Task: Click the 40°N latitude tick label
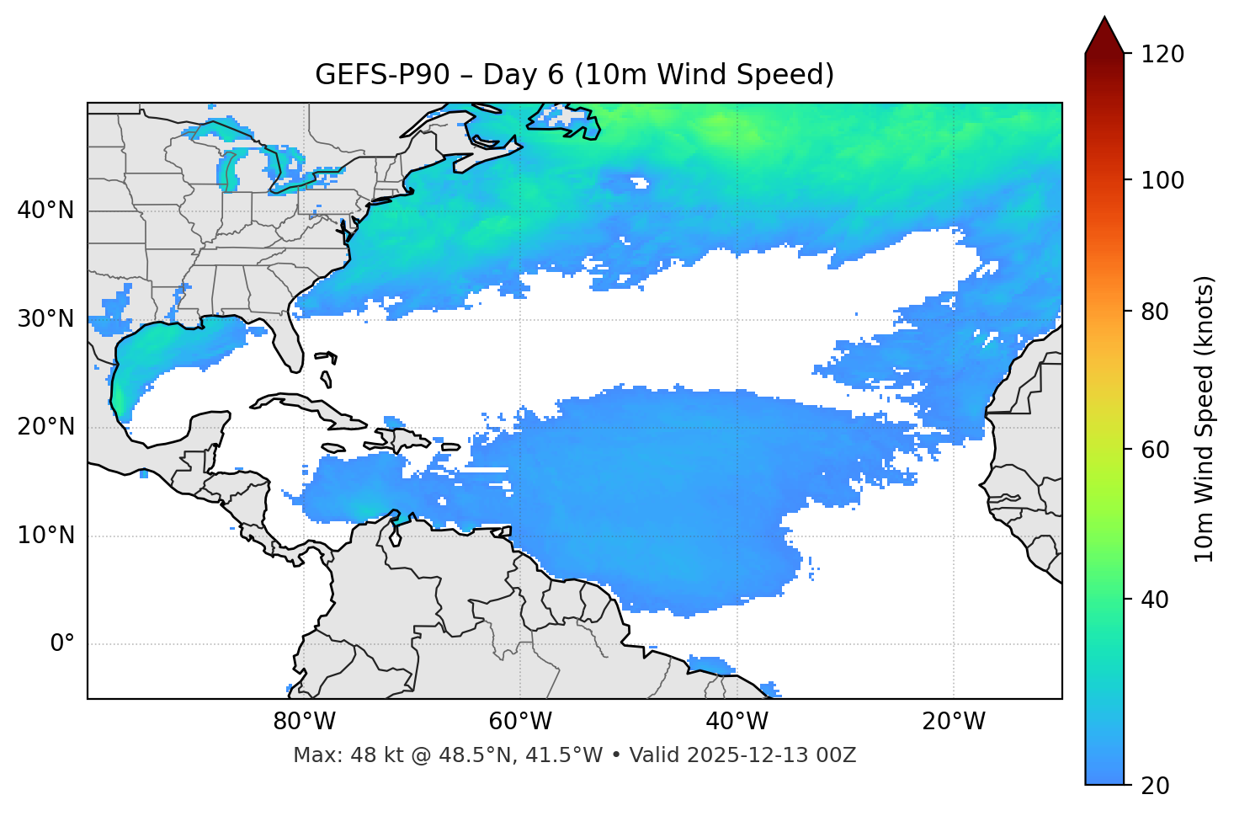click(x=45, y=211)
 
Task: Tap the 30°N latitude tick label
click(x=45, y=319)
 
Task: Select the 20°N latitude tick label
click(x=45, y=427)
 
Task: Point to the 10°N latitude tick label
click(x=45, y=536)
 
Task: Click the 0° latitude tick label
click(x=62, y=644)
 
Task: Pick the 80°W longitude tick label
click(x=304, y=722)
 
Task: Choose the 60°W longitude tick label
click(x=520, y=722)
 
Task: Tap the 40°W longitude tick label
click(x=737, y=722)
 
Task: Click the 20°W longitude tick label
click(x=954, y=722)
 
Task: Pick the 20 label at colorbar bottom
click(x=1156, y=786)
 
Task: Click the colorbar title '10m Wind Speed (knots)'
click(x=1205, y=419)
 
